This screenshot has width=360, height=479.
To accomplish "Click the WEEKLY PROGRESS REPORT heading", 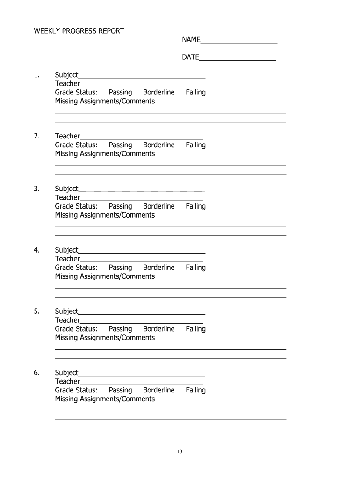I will click(x=79, y=31).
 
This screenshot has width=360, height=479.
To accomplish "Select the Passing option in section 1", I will click(x=120, y=93).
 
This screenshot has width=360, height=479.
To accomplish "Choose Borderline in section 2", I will click(x=158, y=145).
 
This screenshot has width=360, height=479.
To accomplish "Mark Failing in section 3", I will click(x=195, y=206).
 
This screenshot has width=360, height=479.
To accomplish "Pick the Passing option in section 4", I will click(x=120, y=268).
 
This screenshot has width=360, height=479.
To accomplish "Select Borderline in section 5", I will click(x=158, y=329).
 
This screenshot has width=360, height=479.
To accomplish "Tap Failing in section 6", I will click(x=195, y=390).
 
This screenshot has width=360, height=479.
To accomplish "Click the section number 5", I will click(x=37, y=312).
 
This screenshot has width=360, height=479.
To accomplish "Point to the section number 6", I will click(x=37, y=373).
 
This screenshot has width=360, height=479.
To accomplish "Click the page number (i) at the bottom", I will click(x=180, y=451).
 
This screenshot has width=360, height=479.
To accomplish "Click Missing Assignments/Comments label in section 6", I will click(x=105, y=399).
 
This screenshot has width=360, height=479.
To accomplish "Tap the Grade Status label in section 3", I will click(x=76, y=206).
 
